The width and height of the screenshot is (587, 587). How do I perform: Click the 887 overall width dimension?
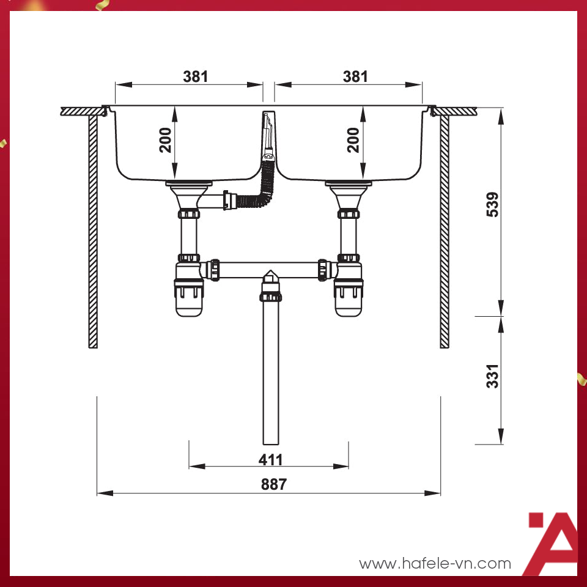tap(273, 484)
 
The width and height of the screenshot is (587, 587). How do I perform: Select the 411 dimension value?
tap(270, 459)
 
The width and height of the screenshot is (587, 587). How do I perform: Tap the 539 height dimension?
tap(492, 204)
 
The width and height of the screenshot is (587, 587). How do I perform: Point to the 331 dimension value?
tap(492, 376)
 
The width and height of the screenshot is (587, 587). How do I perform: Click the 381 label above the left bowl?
tap(196, 76)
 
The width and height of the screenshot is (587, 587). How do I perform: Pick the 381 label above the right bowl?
tap(355, 76)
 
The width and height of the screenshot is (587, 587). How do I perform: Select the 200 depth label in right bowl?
tap(353, 141)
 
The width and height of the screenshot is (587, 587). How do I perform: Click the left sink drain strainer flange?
tap(189, 183)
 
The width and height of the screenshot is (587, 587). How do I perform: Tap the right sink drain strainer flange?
tap(349, 183)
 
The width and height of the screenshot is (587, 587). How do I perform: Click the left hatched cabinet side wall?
tap(93, 232)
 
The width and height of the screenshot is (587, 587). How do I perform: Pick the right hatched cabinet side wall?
tap(445, 232)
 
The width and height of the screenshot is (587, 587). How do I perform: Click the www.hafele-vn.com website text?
tap(435, 563)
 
